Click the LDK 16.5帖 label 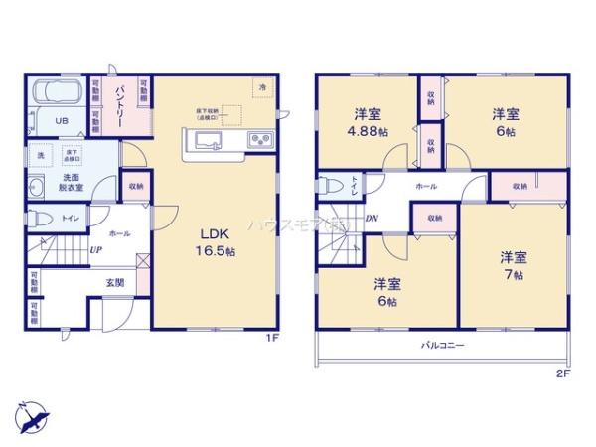217,241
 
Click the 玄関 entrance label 115,283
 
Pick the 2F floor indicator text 563,372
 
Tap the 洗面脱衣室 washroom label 42,182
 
